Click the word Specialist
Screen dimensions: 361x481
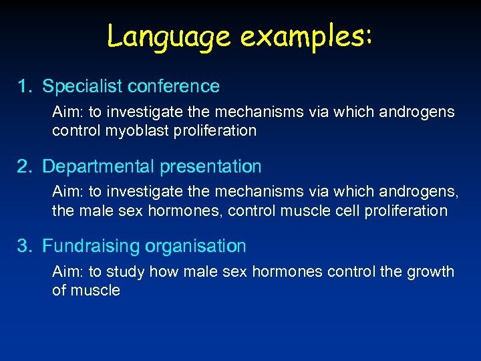coord(82,86)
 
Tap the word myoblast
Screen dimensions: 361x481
coord(134,130)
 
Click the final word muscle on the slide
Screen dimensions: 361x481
coord(96,291)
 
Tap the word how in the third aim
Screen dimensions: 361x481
coord(160,272)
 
